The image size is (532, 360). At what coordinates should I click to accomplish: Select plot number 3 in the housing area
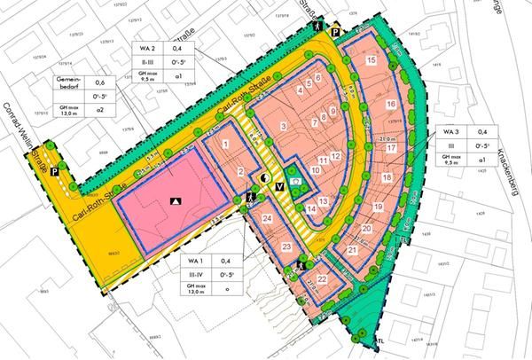pyautogui.click(x=283, y=128)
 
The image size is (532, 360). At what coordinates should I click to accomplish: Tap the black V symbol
pyautogui.click(x=280, y=186)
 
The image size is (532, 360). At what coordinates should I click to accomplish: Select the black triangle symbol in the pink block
pyautogui.click(x=176, y=200)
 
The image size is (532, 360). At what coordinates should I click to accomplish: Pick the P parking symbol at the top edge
pyautogui.click(x=336, y=33)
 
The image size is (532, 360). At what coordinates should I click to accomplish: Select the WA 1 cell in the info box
pyautogui.click(x=196, y=261)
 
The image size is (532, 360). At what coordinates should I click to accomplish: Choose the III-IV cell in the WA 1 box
pyautogui.click(x=196, y=276)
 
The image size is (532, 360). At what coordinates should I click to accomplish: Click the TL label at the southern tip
pyautogui.click(x=381, y=341)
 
